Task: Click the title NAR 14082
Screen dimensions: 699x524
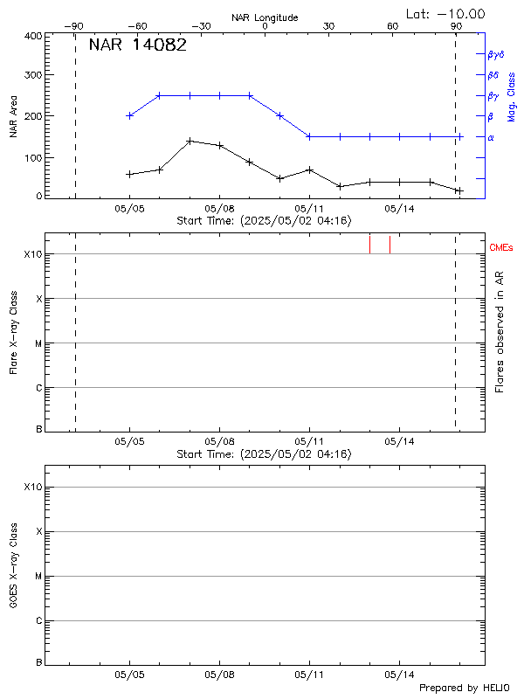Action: tap(137, 45)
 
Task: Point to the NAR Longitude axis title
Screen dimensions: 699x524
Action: tap(265, 17)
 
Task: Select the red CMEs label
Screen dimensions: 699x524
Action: tap(501, 247)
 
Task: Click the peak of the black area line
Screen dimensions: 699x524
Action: tap(190, 140)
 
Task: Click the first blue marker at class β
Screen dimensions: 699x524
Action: tap(130, 115)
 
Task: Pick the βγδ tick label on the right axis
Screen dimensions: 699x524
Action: tap(496, 54)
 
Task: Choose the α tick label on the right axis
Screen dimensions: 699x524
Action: tap(491, 137)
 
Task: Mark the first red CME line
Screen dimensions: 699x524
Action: tap(369, 244)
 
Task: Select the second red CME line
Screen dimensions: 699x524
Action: tap(390, 244)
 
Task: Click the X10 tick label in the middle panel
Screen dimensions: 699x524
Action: tap(32, 254)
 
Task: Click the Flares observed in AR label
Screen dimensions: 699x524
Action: tap(500, 330)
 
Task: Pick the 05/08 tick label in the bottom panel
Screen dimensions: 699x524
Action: tap(219, 675)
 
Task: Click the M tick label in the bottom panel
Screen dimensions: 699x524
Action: tap(38, 577)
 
